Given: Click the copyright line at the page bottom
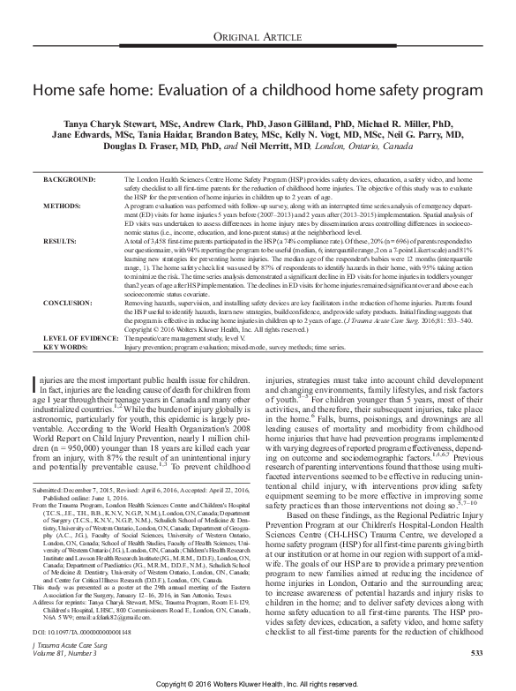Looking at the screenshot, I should point(258,683).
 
